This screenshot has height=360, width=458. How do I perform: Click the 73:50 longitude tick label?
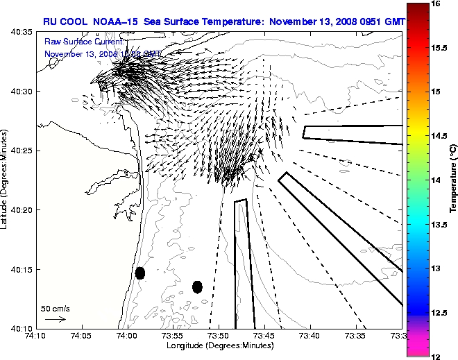219,336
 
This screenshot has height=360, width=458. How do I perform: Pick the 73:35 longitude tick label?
356,336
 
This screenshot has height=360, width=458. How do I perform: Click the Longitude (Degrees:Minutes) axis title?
219,345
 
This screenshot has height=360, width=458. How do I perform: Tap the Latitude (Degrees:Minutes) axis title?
6,180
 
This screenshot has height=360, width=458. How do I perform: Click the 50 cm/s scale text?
55,308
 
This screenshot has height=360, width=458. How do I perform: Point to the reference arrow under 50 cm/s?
55,319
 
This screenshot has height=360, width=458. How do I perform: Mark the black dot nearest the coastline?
140,273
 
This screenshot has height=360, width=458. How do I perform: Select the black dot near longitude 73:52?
197,286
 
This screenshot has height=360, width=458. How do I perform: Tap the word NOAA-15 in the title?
112,22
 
